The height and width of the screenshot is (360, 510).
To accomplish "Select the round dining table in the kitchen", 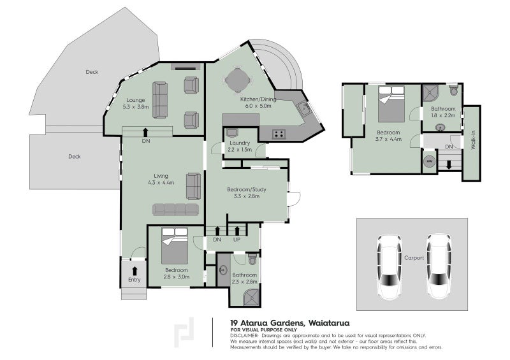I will [237, 81].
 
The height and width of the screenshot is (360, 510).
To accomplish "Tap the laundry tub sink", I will [231, 133].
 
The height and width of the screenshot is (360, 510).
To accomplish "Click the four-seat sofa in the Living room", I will [175, 209].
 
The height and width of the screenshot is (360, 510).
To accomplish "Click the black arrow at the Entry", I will [135, 271].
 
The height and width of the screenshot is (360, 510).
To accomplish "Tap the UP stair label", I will [238, 240].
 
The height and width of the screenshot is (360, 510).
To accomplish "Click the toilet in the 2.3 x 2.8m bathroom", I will [252, 259].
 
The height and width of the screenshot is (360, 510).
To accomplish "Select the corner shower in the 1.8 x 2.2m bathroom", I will [432, 92].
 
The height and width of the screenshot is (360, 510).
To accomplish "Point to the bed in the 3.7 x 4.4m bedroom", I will [391, 104].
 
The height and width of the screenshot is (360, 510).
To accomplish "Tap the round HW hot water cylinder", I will [430, 162].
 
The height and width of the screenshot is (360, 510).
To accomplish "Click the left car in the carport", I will [388, 267].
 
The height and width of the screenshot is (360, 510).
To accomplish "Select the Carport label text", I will [414, 259].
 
